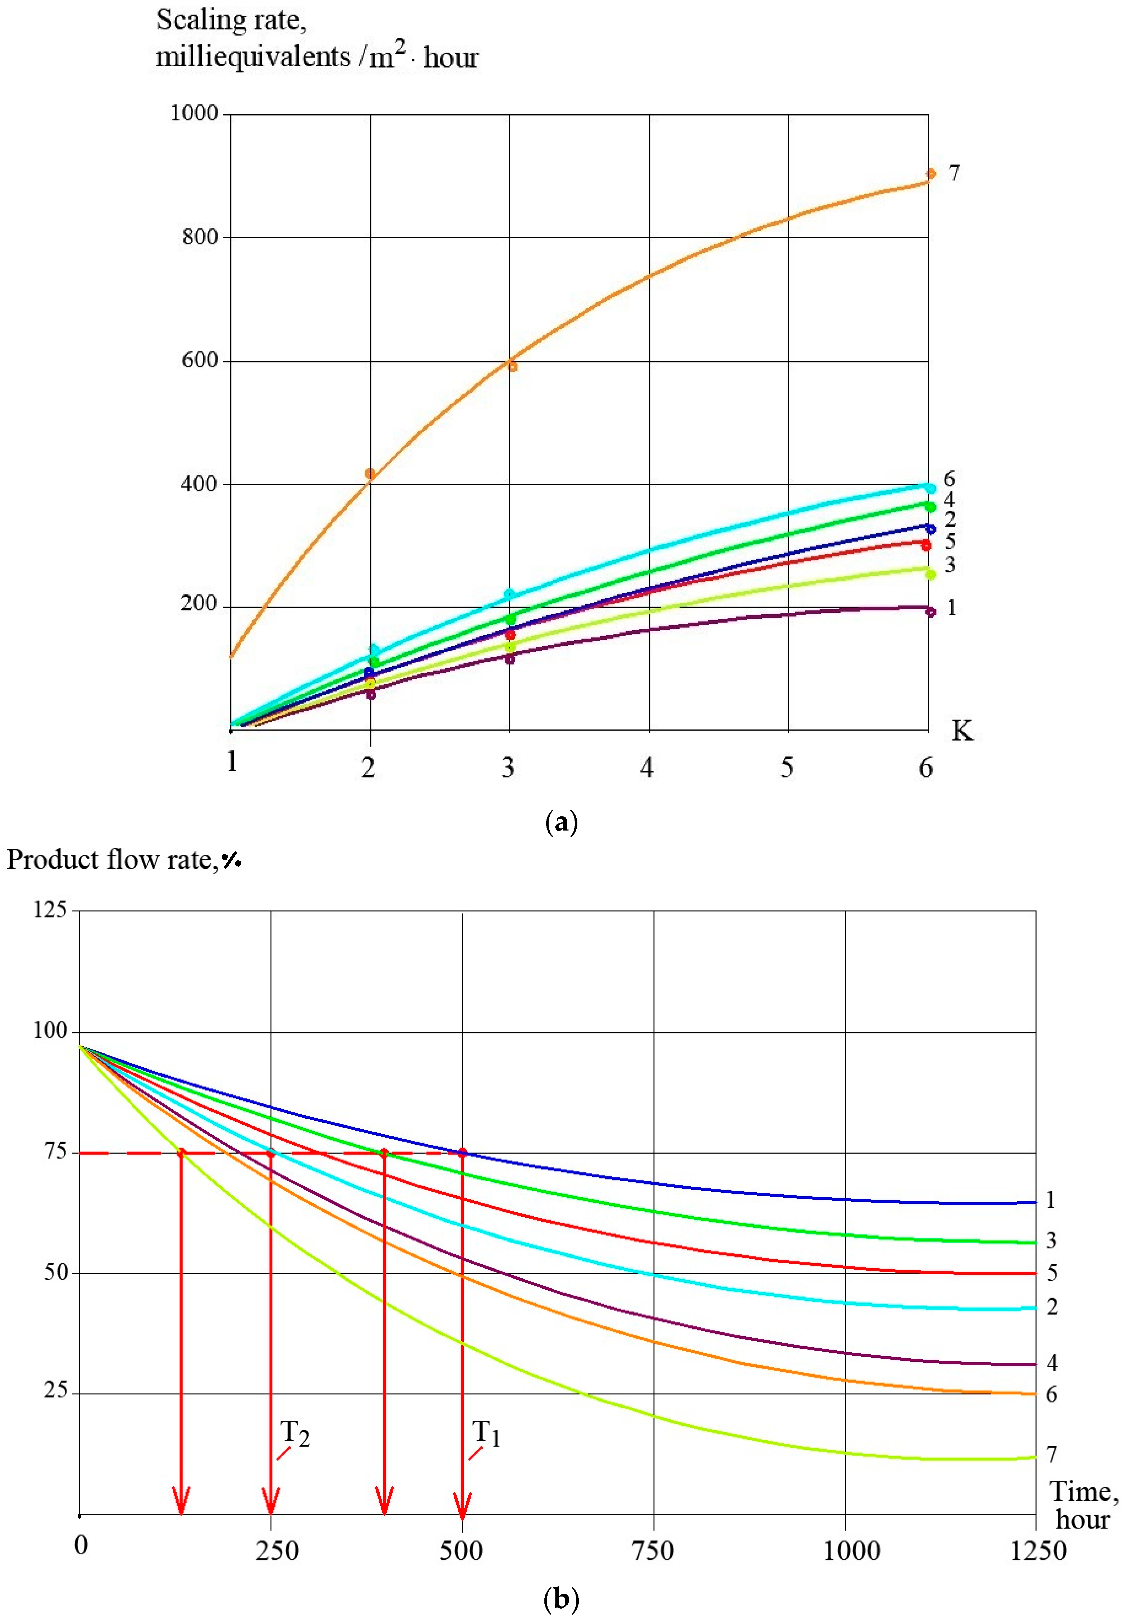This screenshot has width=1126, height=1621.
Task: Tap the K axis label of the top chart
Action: (x=962, y=731)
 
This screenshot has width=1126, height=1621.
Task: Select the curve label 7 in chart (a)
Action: (x=954, y=173)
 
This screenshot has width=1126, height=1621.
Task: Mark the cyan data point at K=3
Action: (x=509, y=595)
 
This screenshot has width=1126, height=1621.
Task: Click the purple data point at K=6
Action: (x=931, y=612)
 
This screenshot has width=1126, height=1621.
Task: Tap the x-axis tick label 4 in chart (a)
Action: (x=647, y=767)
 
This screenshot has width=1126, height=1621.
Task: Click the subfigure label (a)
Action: (x=562, y=822)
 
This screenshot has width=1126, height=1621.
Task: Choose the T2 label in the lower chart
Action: (x=295, y=1433)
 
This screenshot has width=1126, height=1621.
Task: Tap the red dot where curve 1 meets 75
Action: (x=462, y=1153)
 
